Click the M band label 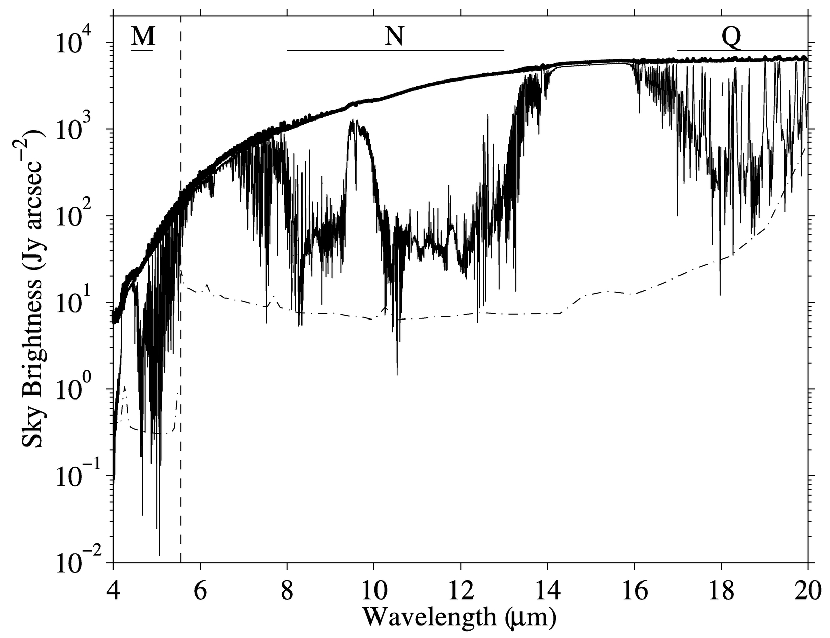[142, 36]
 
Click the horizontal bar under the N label [395, 51]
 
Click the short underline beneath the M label [142, 51]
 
